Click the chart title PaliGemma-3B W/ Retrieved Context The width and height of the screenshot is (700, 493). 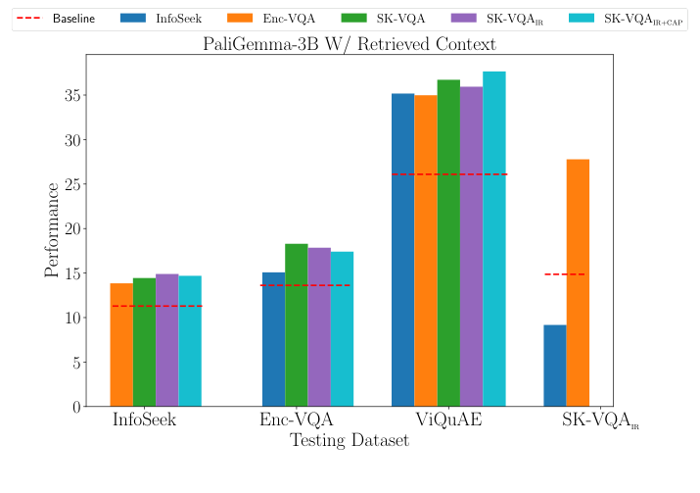(350, 43)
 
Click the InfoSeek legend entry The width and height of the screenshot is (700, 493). (161, 18)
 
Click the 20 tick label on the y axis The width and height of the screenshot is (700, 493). (70, 228)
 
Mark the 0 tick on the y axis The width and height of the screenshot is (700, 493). (74, 407)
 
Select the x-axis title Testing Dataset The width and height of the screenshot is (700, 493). (350, 442)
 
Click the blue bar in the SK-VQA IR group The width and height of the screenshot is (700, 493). (555, 366)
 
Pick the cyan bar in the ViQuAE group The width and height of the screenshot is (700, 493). (494, 239)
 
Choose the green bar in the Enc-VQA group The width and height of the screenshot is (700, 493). (296, 324)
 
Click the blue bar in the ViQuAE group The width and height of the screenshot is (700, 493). (402, 250)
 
